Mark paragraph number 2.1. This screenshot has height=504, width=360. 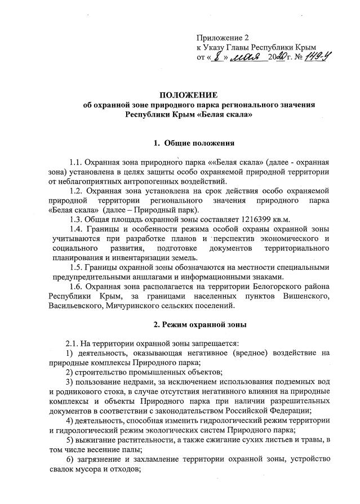(72, 343)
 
